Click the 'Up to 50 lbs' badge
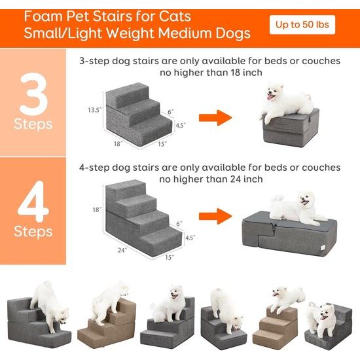pyautogui.click(x=302, y=25)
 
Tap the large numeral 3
pyautogui.click(x=33, y=92)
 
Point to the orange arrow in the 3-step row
pyautogui.click(x=215, y=118)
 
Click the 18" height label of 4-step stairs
pyautogui.click(x=97, y=210)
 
